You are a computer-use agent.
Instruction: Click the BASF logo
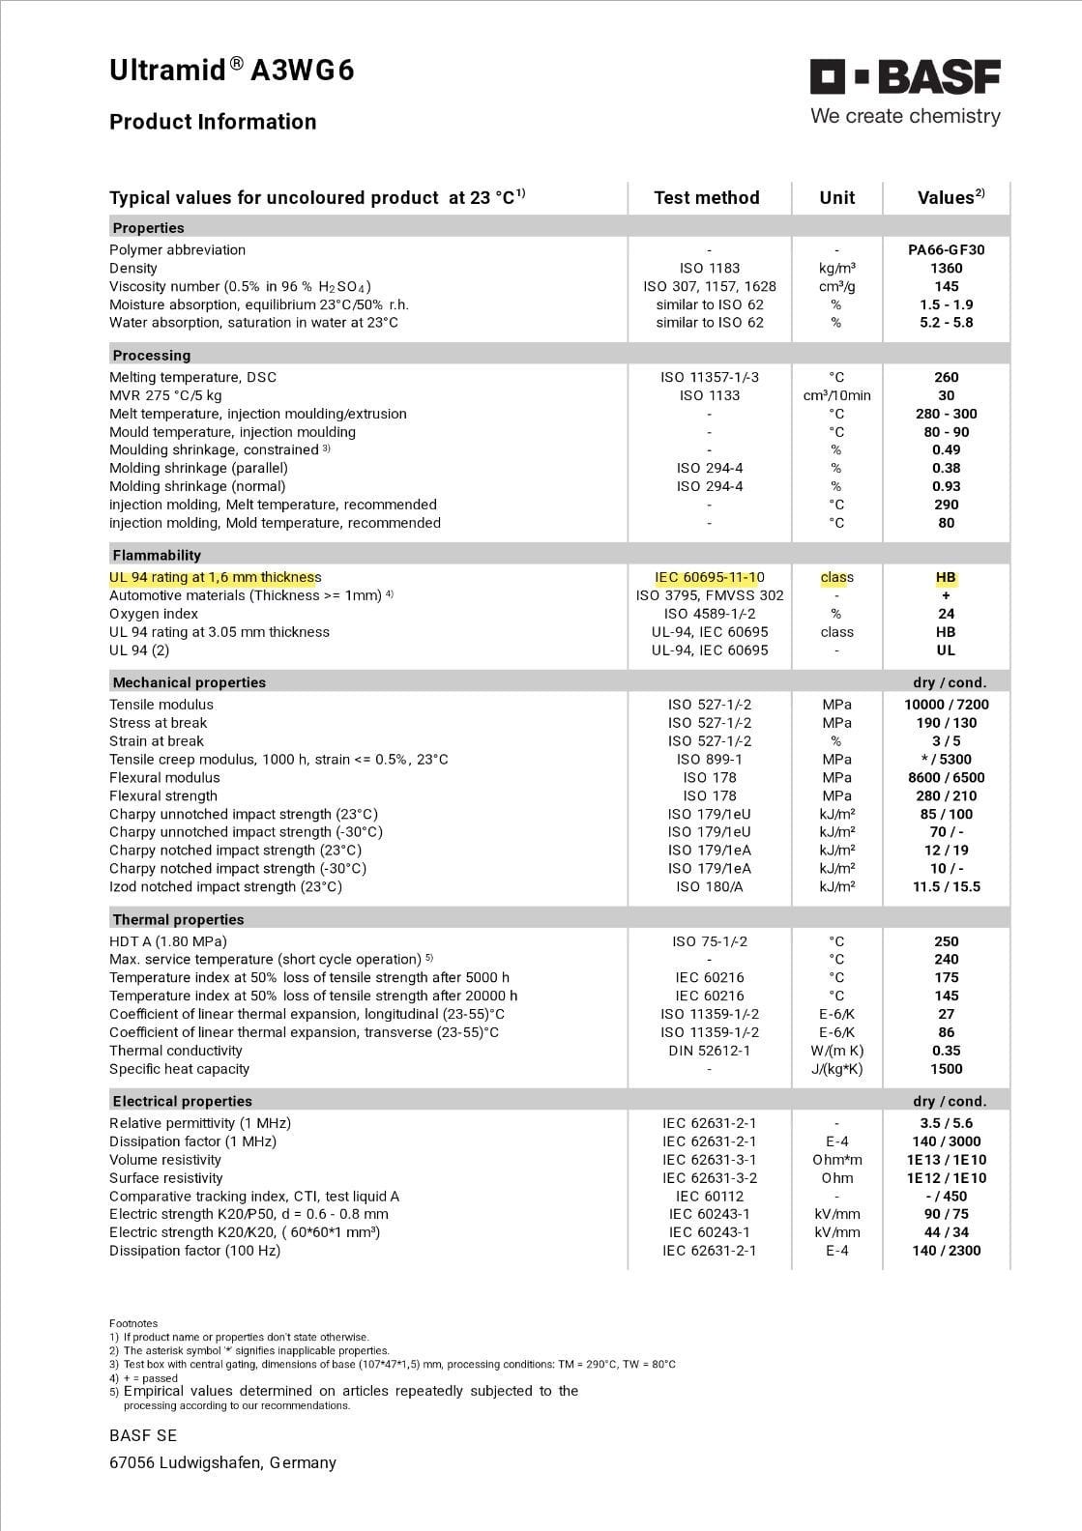coord(905,77)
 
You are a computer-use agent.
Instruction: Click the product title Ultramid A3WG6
coord(231,71)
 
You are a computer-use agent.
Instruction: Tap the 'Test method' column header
coord(707,198)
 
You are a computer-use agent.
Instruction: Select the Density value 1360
coord(946,269)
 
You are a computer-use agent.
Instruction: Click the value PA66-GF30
coord(946,250)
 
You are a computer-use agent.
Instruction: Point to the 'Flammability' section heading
coord(157,556)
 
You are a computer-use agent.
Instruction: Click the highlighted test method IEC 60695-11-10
coord(710,578)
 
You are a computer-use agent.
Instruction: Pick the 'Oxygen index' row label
coord(154,615)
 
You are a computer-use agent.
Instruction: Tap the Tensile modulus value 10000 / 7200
coord(946,706)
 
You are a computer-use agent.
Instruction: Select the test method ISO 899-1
coord(710,760)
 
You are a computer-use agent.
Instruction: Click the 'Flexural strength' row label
coord(163,796)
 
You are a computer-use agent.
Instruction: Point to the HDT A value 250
coord(946,942)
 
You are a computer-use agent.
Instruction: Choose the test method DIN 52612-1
coord(710,1052)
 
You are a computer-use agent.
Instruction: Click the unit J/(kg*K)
coord(836,1070)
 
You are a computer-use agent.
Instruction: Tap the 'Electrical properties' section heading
coord(182,1102)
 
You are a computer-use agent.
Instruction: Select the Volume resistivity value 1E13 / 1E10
coord(946,1161)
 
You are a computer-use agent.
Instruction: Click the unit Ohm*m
coord(836,1161)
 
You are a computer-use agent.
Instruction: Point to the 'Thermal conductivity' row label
coord(176,1052)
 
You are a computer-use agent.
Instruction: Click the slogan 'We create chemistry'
coord(905,117)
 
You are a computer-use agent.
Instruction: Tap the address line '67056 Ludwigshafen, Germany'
coord(222,1463)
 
